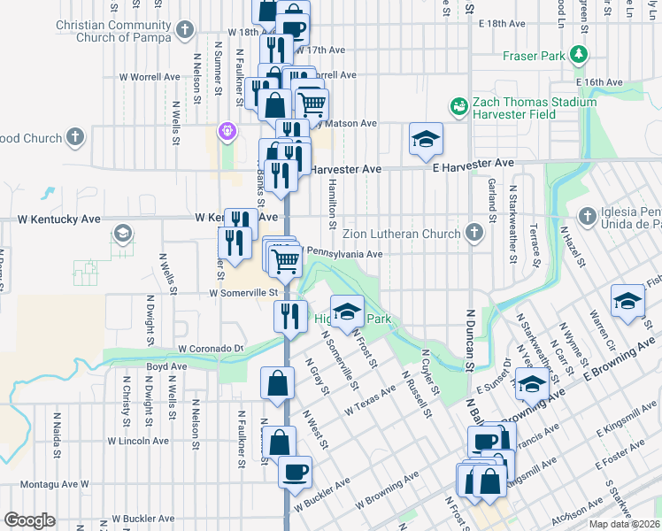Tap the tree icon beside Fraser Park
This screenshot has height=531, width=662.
click(579, 56)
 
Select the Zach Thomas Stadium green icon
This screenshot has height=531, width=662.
click(458, 107)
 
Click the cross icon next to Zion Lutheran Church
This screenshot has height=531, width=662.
click(474, 234)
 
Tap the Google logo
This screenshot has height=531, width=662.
click(29, 520)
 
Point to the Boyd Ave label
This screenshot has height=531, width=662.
click(166, 366)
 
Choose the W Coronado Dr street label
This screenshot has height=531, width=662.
click(210, 350)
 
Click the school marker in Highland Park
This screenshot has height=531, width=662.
click(347, 310)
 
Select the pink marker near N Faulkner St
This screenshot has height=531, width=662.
click(227, 130)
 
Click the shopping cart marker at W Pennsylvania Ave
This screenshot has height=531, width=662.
click(285, 260)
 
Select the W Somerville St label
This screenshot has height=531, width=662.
click(244, 292)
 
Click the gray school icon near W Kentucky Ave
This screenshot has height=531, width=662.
click(123, 235)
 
